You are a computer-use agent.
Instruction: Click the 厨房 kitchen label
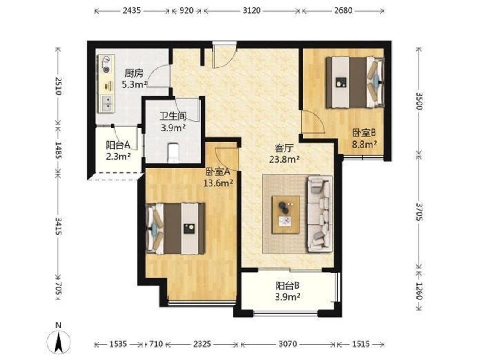(x=134, y=73)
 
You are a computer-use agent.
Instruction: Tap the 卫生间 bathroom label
(x=173, y=116)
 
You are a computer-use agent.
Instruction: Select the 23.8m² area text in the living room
(x=284, y=160)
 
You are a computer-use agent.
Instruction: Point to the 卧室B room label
(x=364, y=133)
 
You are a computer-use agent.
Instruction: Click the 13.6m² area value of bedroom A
(x=218, y=183)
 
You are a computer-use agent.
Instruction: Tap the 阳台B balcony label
(x=287, y=286)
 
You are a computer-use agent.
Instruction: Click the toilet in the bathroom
(x=174, y=152)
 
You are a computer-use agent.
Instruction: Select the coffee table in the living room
(x=285, y=215)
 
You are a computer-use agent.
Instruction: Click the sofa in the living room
(x=320, y=214)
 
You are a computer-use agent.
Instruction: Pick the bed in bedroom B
(x=355, y=82)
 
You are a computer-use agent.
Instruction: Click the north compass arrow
(x=58, y=341)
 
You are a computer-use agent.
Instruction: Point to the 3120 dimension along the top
(x=251, y=11)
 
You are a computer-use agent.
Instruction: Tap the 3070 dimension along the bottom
(x=288, y=344)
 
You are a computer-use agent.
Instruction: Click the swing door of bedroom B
(x=312, y=122)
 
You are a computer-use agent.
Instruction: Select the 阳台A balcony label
(x=118, y=144)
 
